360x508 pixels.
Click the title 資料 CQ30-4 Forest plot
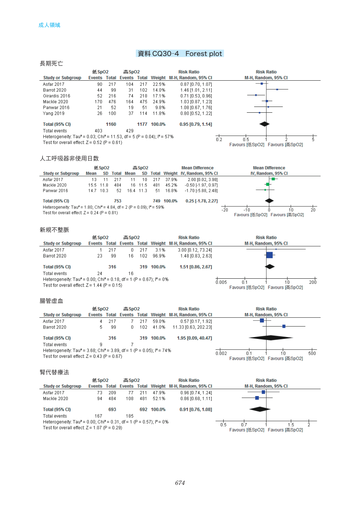pos(180,54)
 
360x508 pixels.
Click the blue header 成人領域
pos(49,25)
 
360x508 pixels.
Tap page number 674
pos(180,483)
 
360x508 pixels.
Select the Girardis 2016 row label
pos(56,96)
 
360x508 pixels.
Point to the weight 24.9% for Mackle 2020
pos(159,102)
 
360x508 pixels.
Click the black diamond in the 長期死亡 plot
pos(265,124)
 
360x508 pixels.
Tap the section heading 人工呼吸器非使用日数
pos(69,158)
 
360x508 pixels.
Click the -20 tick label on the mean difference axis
pos(224,210)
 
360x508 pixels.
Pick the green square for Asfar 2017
pos(273,179)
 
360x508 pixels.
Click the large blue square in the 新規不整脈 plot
pos(270,255)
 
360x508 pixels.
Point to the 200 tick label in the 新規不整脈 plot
pos(313,282)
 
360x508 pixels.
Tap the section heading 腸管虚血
pos(51,301)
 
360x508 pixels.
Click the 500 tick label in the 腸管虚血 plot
pos(312,353)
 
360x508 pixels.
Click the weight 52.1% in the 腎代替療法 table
pos(159,398)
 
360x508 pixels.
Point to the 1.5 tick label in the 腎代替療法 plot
pos(291,425)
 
